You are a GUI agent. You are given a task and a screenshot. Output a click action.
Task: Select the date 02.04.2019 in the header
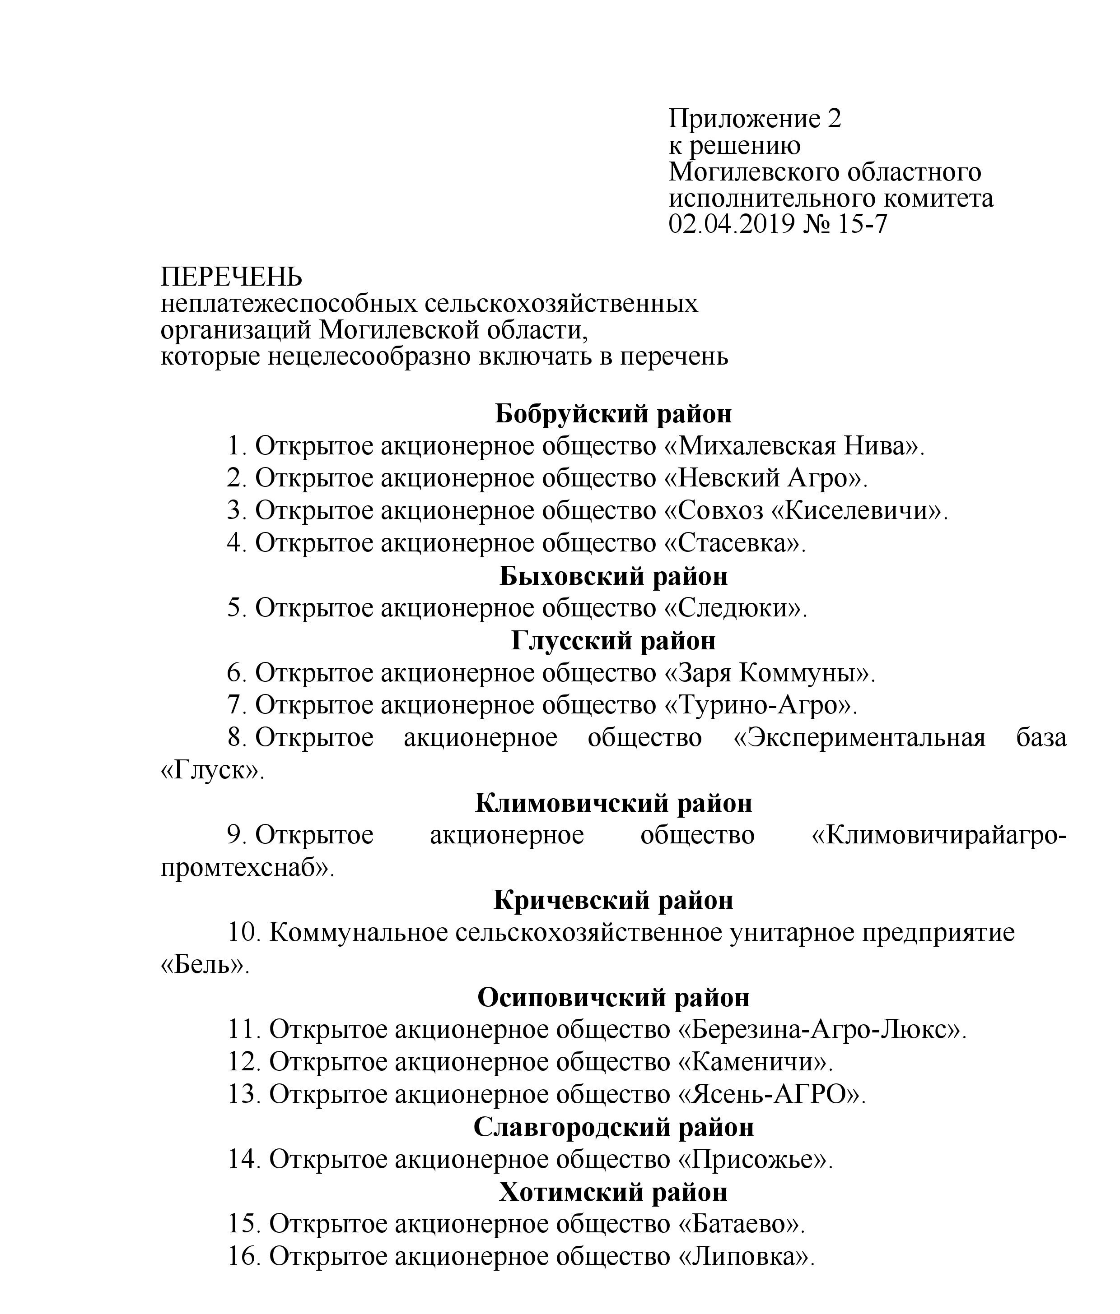(x=731, y=224)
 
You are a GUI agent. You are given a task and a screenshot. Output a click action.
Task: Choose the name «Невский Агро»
(x=765, y=478)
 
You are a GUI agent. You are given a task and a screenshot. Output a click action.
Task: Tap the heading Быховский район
(x=613, y=576)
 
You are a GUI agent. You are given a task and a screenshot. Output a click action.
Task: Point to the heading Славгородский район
(x=613, y=1127)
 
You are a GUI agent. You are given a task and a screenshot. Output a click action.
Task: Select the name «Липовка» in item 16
(x=746, y=1256)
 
